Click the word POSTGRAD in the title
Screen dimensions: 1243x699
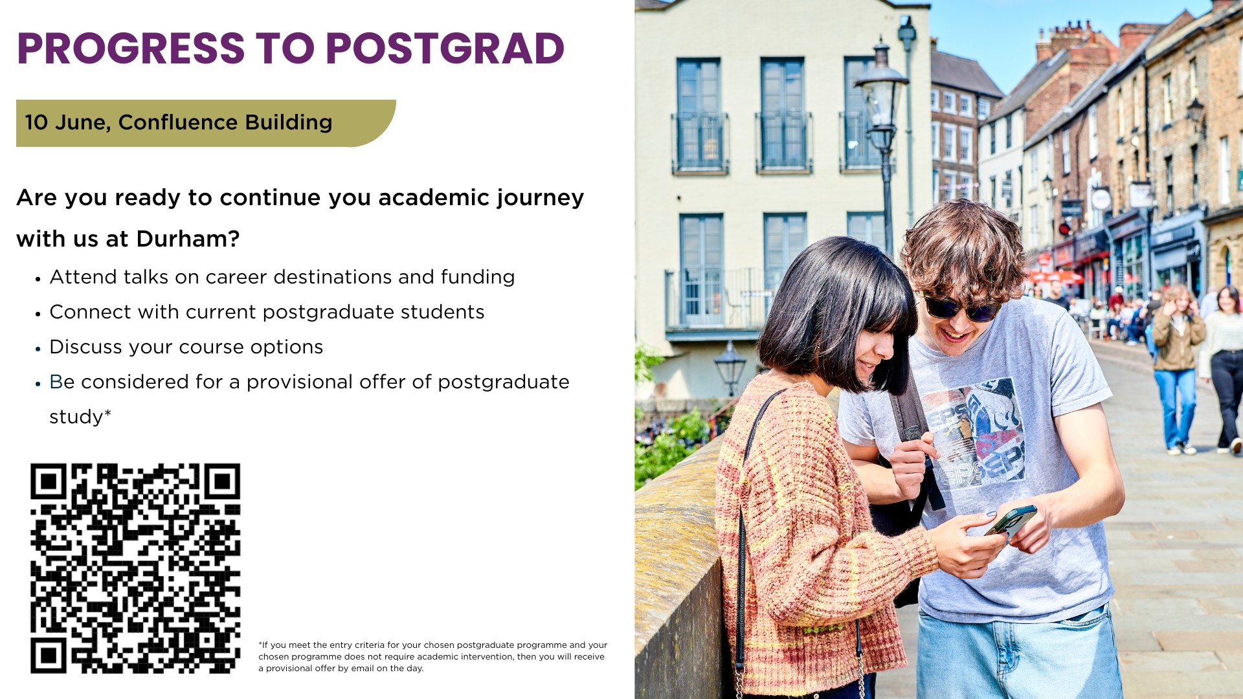click(445, 49)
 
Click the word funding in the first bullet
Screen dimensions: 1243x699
click(478, 277)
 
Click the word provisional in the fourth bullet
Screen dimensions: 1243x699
click(300, 382)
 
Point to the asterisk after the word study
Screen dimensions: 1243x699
click(107, 412)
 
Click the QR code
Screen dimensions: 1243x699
click(135, 568)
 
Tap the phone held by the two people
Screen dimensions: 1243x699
click(1011, 520)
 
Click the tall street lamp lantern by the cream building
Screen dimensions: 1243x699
click(880, 97)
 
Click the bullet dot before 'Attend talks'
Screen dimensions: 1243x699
click(38, 279)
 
